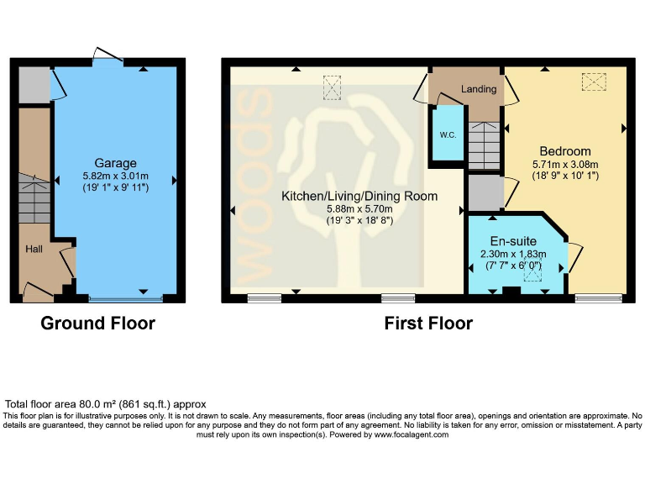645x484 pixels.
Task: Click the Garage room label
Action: (x=116, y=162)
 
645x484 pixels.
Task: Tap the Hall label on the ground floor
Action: (x=34, y=249)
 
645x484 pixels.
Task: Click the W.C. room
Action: (x=447, y=134)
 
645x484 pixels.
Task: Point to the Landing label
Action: (x=479, y=89)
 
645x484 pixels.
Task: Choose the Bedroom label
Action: (x=562, y=151)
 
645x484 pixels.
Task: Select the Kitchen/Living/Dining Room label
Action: (x=359, y=196)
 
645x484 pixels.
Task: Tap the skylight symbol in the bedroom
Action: (x=594, y=82)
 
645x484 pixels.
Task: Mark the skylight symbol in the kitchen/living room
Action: (x=333, y=87)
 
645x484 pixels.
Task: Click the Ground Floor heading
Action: (x=97, y=324)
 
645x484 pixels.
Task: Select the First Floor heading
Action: (x=428, y=324)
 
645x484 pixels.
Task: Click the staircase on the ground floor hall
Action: (x=34, y=198)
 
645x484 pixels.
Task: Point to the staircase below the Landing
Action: (x=484, y=145)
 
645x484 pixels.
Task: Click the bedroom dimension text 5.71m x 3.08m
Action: (x=562, y=165)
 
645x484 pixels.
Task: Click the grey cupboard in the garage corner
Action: (x=34, y=84)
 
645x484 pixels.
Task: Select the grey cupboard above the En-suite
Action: (x=485, y=192)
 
